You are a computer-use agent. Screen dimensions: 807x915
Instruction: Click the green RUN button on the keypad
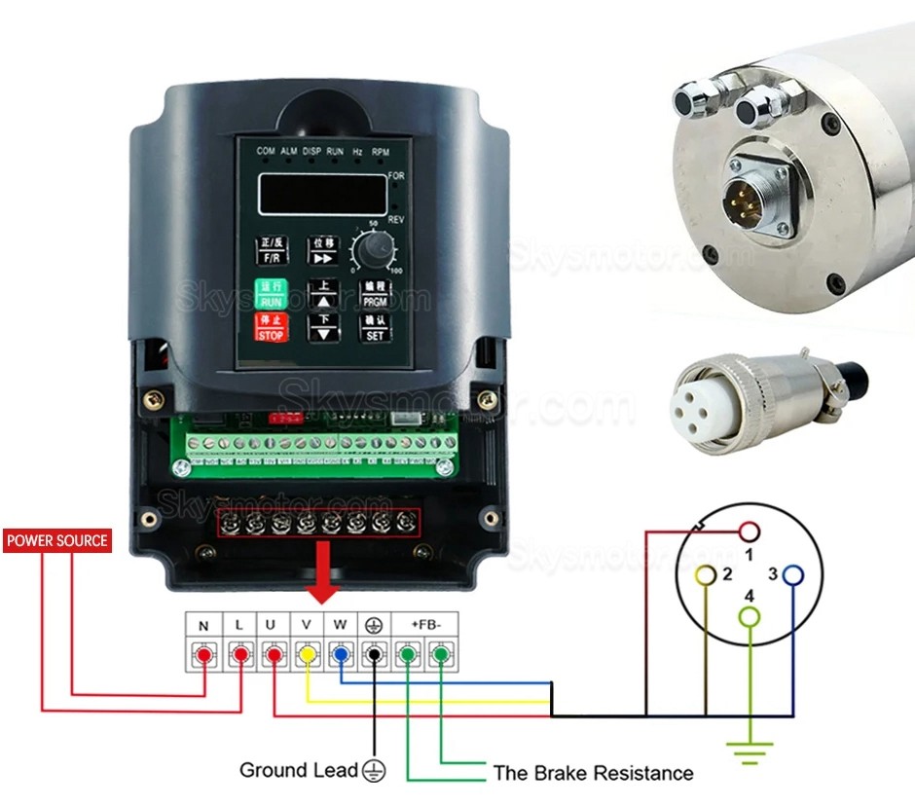point(272,294)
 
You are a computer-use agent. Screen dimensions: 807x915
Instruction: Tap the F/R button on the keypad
point(272,250)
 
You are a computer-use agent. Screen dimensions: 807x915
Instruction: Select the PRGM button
point(375,294)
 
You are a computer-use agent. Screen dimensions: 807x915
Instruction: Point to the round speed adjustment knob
point(371,253)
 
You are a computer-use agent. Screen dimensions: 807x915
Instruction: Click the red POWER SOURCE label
point(57,540)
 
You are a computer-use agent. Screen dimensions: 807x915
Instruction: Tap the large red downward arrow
point(323,582)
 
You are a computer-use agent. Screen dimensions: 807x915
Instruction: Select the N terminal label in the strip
point(203,625)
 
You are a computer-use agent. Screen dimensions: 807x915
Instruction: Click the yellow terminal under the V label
point(307,655)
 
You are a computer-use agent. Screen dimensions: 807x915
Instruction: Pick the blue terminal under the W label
point(341,655)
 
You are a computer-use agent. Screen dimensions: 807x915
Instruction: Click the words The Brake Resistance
point(593,774)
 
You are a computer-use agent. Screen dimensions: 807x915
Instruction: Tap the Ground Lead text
point(299,770)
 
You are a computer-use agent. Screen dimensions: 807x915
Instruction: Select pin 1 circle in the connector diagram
point(749,532)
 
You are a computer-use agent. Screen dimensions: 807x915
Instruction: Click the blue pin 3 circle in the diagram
point(793,574)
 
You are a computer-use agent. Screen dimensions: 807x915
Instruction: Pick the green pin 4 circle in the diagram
point(749,616)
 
